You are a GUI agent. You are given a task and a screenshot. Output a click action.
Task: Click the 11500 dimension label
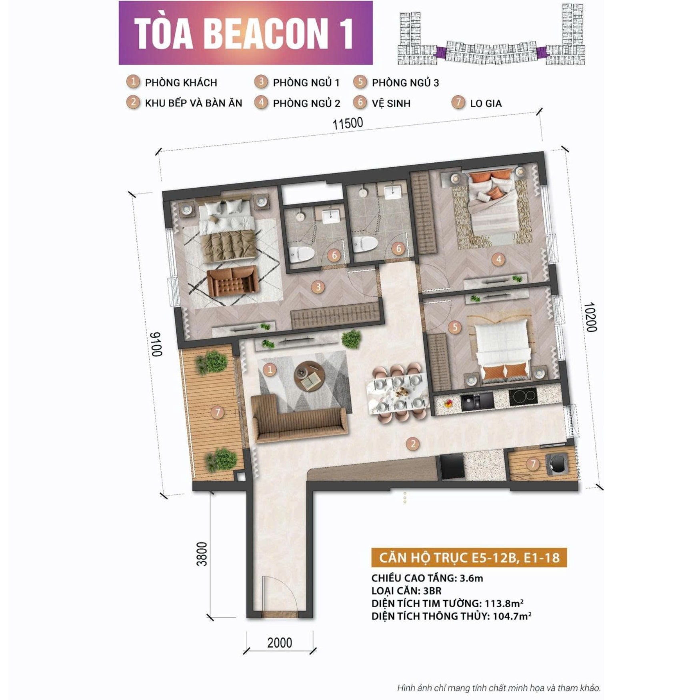[348, 123]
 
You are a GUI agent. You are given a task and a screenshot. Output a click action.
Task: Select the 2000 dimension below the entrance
[279, 642]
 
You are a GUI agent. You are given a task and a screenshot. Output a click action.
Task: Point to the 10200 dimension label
[590, 317]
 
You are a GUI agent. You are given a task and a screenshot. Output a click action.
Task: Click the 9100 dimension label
[156, 344]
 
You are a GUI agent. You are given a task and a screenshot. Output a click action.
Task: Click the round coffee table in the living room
[309, 376]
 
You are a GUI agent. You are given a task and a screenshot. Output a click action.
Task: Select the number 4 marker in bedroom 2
[498, 259]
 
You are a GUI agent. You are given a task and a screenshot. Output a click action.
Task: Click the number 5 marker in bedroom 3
[454, 327]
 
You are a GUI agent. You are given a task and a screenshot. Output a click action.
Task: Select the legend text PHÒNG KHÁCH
[181, 83]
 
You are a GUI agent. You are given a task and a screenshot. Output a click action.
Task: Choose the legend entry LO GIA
[485, 103]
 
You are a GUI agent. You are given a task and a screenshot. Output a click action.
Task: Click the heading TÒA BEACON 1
[244, 33]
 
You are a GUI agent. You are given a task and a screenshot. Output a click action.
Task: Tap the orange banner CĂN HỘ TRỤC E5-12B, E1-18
[469, 558]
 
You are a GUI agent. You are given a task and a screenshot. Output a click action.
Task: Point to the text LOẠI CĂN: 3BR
[406, 590]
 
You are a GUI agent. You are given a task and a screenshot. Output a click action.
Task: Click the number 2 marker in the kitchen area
[412, 443]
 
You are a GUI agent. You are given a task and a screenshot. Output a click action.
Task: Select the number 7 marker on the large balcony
[218, 412]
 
